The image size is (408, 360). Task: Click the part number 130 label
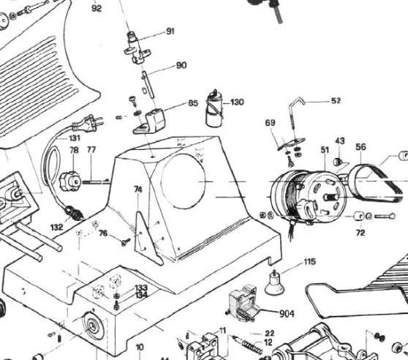tap(237, 102)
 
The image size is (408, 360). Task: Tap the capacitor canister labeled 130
tap(214, 109)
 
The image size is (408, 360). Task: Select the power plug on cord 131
tap(88, 123)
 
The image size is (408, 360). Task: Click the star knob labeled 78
tap(70, 181)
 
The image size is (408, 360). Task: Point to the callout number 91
tap(170, 31)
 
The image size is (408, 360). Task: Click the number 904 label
tap(287, 314)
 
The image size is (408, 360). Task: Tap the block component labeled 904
tap(243, 303)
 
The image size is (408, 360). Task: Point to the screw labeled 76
tap(126, 242)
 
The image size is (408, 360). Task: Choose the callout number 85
tap(193, 103)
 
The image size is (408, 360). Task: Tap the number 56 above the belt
tap(360, 147)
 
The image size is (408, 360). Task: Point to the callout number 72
tap(360, 233)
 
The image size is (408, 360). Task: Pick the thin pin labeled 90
tap(148, 85)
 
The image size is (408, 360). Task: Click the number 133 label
tap(141, 288)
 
